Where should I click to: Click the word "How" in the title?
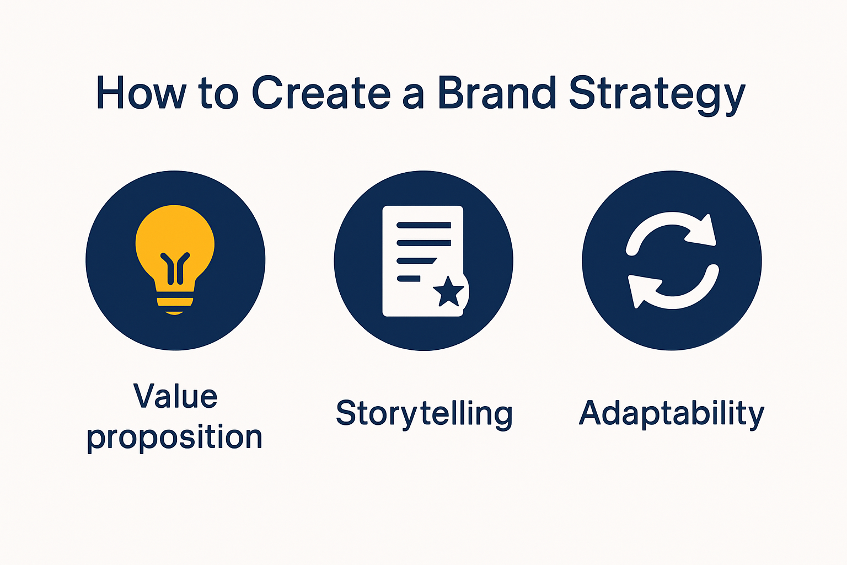pos(141,93)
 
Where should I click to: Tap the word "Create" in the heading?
pos(321,93)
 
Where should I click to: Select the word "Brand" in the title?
pos(497,93)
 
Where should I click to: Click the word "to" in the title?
pos(218,94)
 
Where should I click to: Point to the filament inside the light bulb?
pos(175,268)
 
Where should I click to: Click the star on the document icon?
pos(448,292)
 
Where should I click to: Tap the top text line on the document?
pos(423,225)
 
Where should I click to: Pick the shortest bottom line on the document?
pos(409,279)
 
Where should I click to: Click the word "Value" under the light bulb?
pos(175,396)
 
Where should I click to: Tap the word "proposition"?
pos(174,438)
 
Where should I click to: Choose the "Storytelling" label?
pos(424,414)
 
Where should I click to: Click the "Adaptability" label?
pos(671,414)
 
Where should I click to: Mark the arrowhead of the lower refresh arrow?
pos(640,289)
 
